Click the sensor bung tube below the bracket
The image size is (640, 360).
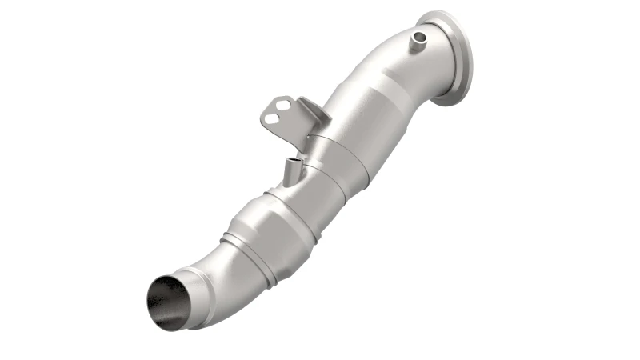click(292, 170)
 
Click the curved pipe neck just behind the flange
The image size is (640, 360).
click(400, 64)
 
